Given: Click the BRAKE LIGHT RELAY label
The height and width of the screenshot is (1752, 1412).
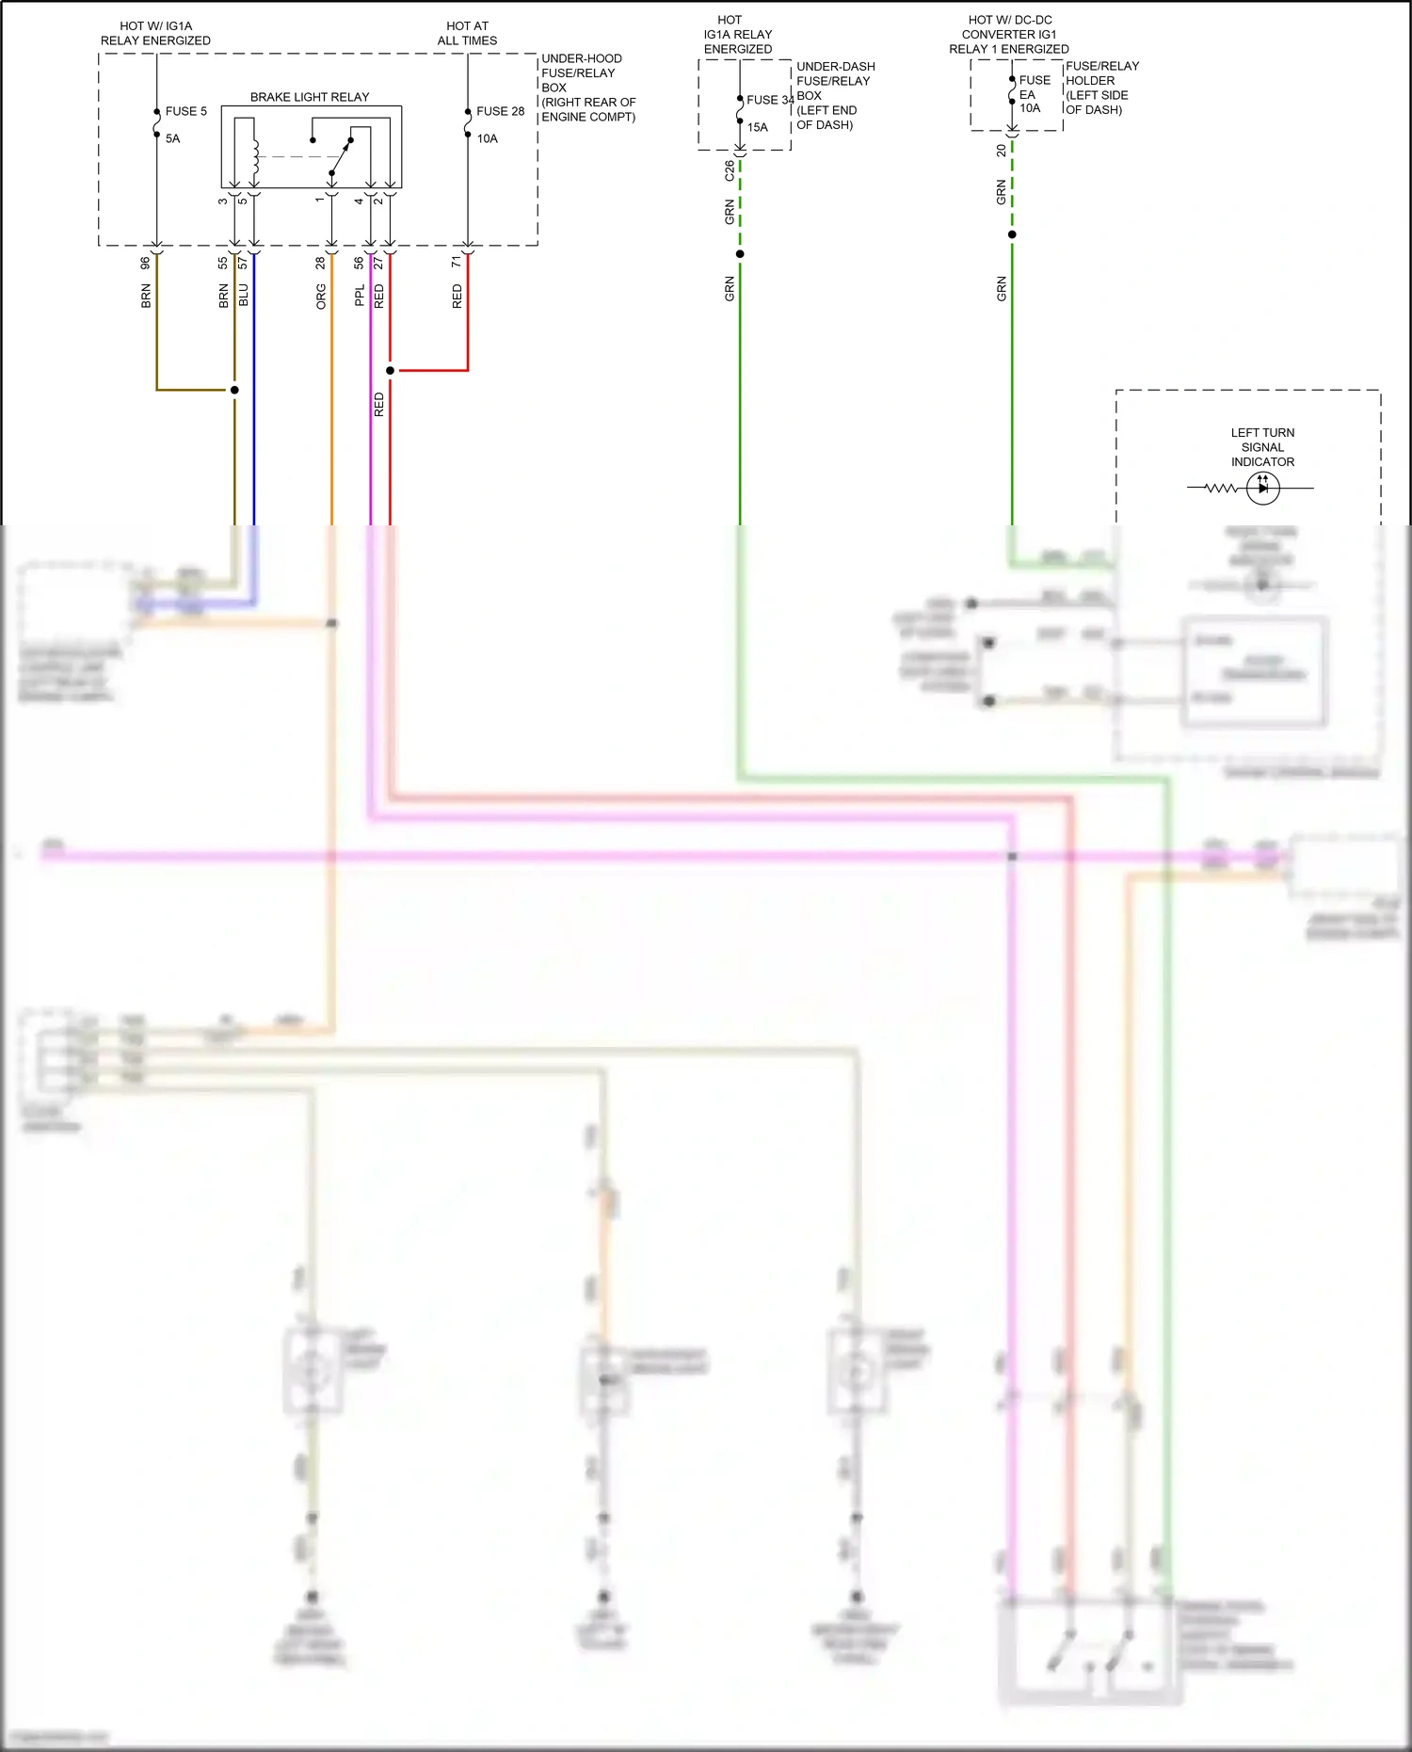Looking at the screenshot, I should coord(310,97).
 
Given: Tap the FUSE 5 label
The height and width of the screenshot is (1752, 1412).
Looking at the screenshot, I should coord(185,111).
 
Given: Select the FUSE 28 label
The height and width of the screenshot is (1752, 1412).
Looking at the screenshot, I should coord(500,111).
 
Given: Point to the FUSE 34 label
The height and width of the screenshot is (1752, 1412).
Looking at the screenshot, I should coord(769,100).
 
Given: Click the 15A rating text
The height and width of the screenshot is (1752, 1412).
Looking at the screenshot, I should coord(758,127).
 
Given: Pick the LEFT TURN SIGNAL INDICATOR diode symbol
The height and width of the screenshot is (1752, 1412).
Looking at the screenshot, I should coord(1262,488).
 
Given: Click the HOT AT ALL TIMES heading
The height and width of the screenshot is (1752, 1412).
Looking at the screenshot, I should coord(467,33).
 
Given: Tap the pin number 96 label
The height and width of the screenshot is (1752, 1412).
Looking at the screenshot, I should coord(146,264).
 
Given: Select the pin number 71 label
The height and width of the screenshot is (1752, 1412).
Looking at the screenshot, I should coord(457,262).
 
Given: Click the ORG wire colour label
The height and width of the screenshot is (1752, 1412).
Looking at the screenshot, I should coord(321,297).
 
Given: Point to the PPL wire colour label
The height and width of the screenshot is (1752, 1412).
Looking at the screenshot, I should coord(360,296).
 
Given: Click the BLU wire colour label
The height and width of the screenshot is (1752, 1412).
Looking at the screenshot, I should coord(243,295).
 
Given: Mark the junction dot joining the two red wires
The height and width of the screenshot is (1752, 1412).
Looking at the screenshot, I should coord(390,370).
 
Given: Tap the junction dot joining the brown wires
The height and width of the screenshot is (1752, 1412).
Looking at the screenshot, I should coord(234,390).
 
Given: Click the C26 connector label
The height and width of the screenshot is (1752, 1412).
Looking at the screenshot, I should coord(730,171).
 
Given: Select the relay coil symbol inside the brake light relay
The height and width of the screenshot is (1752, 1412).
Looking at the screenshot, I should coord(255,154).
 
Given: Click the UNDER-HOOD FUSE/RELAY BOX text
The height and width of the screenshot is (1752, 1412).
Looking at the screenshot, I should coord(587,88).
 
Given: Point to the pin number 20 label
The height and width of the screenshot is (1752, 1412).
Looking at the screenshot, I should coord(1001,151).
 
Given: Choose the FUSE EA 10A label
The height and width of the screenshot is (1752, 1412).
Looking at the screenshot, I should coord(1034,94).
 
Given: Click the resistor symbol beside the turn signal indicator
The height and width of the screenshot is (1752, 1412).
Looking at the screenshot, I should coord(1221,488).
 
